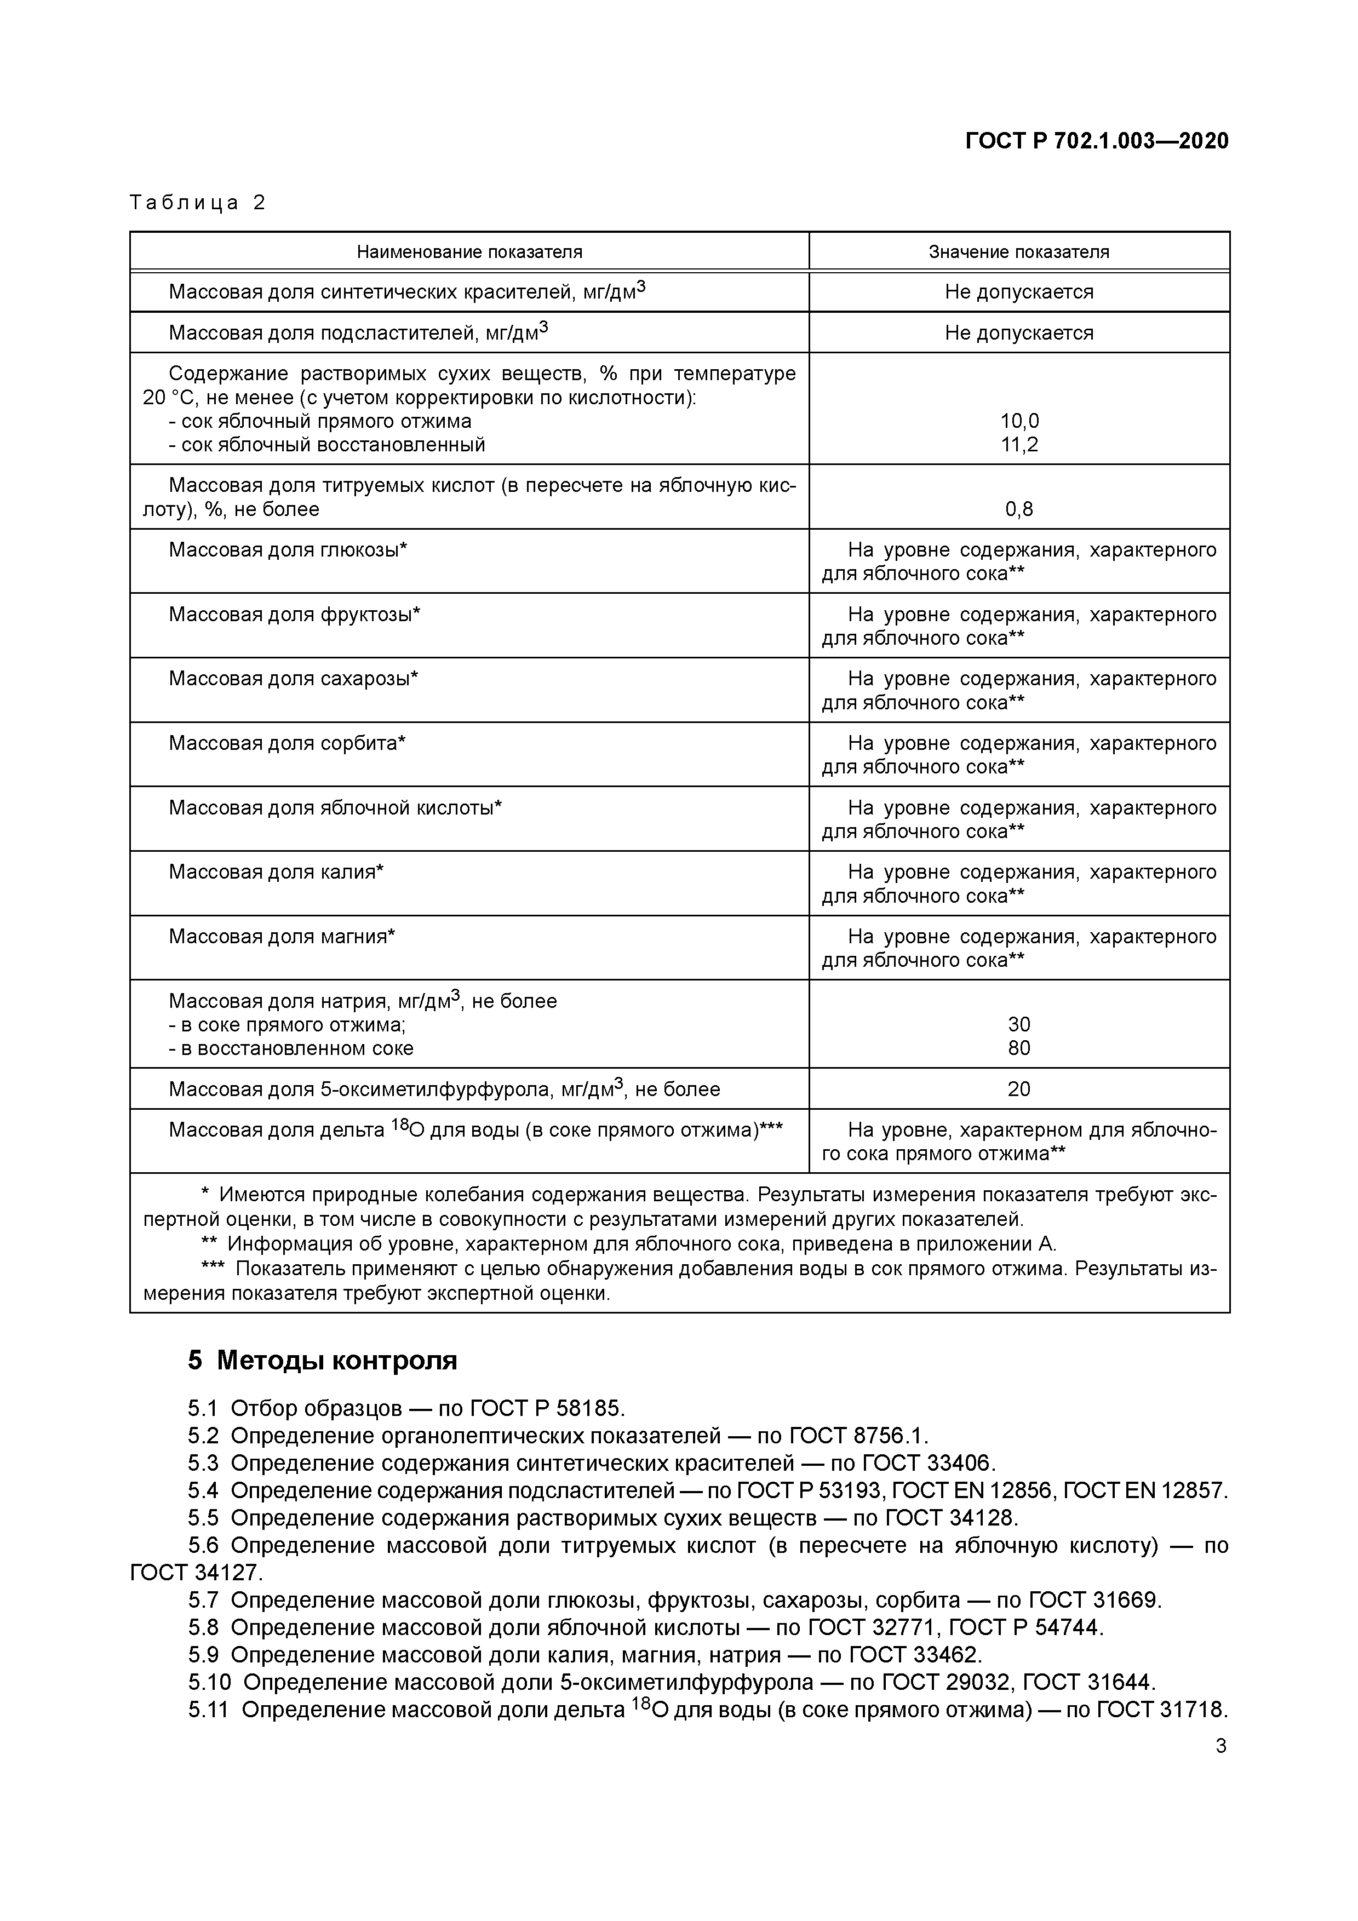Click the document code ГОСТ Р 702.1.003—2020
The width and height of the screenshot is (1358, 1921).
1096,141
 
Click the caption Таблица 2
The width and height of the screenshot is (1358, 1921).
197,203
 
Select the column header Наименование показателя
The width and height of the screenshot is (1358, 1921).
469,252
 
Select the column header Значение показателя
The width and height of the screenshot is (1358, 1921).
1018,252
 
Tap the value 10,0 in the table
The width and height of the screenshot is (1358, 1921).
1019,421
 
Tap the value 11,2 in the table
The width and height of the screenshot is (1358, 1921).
1019,444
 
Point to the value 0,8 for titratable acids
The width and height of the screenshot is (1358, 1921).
1019,509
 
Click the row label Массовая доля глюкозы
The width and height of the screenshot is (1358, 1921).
288,550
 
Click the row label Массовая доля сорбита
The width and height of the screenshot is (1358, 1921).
287,743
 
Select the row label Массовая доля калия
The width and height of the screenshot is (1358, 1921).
276,872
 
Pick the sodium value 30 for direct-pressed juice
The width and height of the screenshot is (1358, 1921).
1019,1024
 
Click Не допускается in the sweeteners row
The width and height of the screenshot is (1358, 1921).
1019,333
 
